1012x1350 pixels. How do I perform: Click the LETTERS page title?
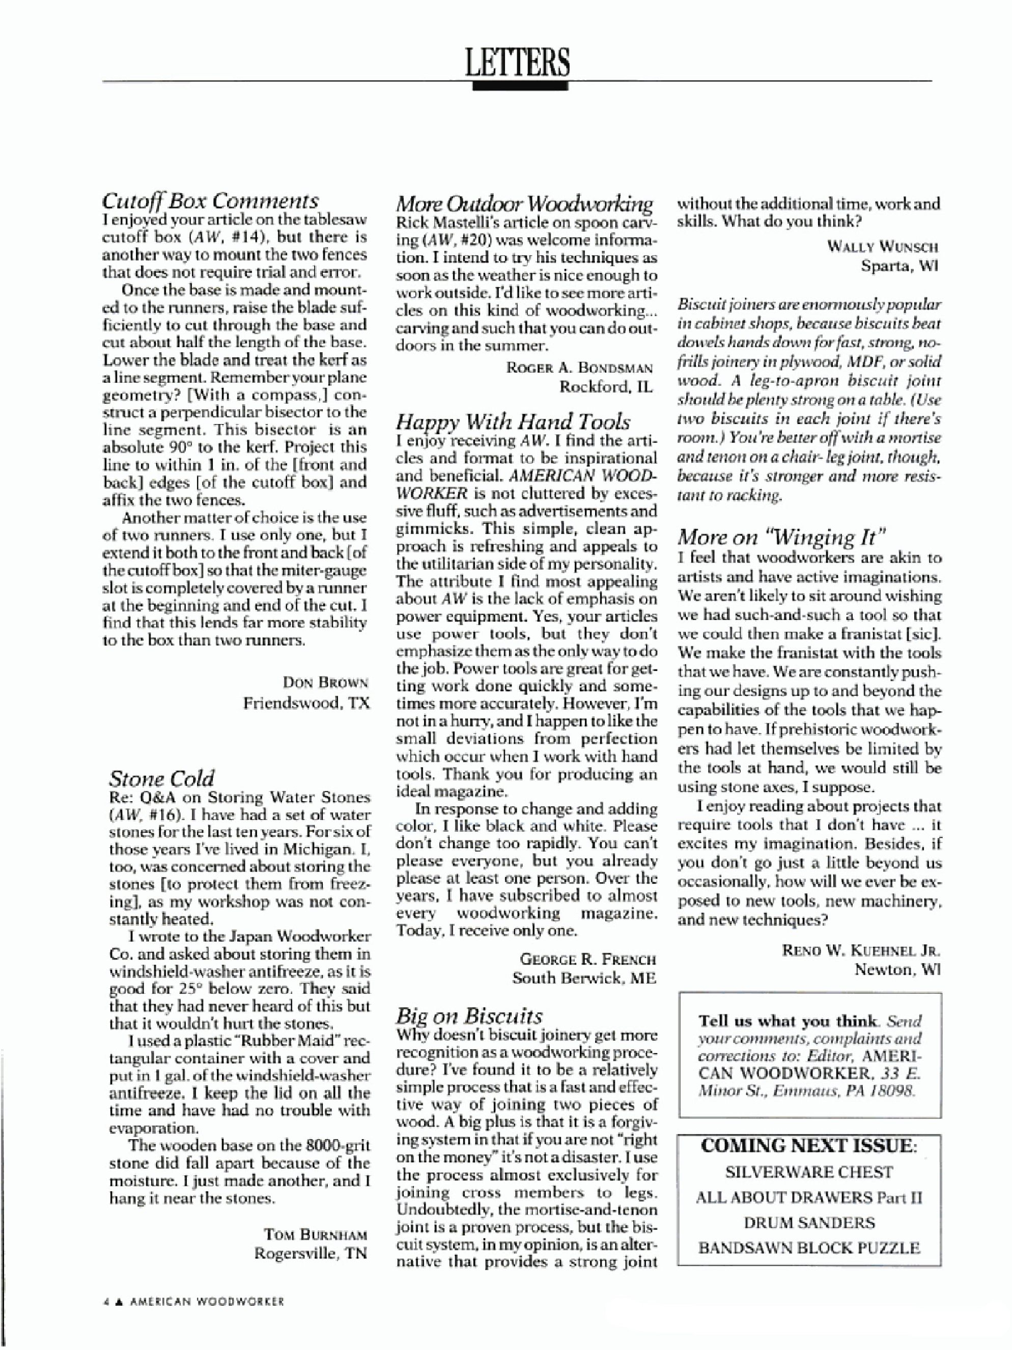click(518, 62)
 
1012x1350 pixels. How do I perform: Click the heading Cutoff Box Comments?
click(210, 200)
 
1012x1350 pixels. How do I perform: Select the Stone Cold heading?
click(162, 778)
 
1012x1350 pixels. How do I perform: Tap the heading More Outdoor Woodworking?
click(524, 203)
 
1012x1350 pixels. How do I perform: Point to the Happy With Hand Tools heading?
click(513, 421)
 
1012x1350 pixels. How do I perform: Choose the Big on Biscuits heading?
click(469, 1016)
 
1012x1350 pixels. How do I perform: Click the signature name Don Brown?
click(325, 682)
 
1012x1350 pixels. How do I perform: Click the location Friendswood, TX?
click(306, 703)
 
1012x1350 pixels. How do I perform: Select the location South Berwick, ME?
click(584, 978)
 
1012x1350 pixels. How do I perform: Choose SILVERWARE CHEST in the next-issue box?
click(809, 1172)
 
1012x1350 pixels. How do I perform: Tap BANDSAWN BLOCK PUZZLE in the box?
click(809, 1248)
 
